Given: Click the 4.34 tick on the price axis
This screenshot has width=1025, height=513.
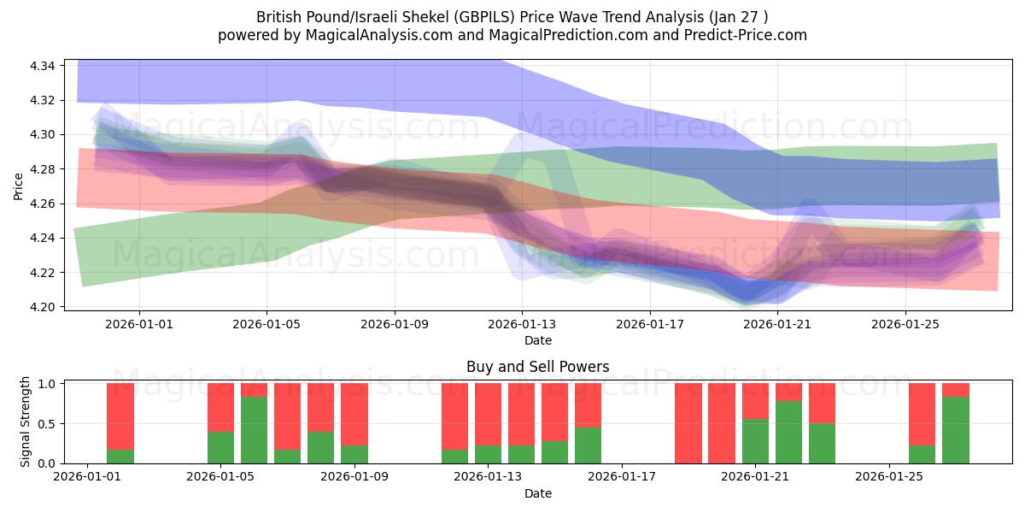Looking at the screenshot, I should pyautogui.click(x=43, y=66).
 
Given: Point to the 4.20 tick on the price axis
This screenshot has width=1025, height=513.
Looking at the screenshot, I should pyautogui.click(x=43, y=307).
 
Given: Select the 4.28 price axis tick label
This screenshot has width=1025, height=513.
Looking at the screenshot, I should pyautogui.click(x=43, y=169).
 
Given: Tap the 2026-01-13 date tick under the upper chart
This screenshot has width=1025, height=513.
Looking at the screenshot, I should pyautogui.click(x=522, y=324).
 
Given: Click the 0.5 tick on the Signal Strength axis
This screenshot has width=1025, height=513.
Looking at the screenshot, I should pyautogui.click(x=47, y=423).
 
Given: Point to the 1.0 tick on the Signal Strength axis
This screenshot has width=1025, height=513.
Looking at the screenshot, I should pyautogui.click(x=47, y=384).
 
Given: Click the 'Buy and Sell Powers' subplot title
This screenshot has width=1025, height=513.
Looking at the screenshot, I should pyautogui.click(x=537, y=367).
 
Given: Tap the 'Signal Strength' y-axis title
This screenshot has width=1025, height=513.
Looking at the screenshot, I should pyautogui.click(x=26, y=422).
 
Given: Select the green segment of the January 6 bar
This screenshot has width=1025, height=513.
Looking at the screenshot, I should pyautogui.click(x=255, y=429).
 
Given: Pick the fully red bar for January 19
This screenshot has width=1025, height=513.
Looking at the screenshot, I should pyautogui.click(x=688, y=423).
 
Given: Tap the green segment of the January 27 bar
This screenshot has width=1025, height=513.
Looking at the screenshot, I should pyautogui.click(x=956, y=429).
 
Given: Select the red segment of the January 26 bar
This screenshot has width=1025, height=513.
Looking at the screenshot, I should pyautogui.click(x=922, y=414).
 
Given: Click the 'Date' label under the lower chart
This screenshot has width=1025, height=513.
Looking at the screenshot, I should pyautogui.click(x=537, y=493).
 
